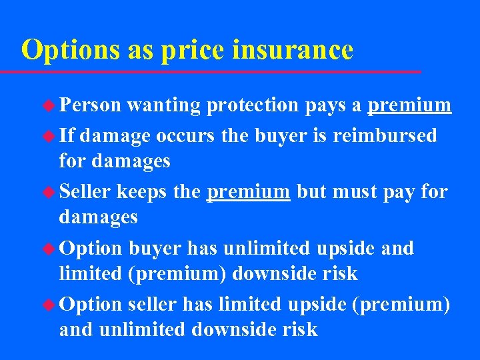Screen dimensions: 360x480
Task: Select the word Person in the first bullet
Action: click(90, 105)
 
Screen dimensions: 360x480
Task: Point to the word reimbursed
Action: click(385, 136)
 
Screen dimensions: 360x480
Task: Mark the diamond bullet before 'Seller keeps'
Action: click(49, 193)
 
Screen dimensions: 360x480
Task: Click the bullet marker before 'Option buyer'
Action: click(49, 249)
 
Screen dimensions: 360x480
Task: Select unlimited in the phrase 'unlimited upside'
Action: click(269, 249)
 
